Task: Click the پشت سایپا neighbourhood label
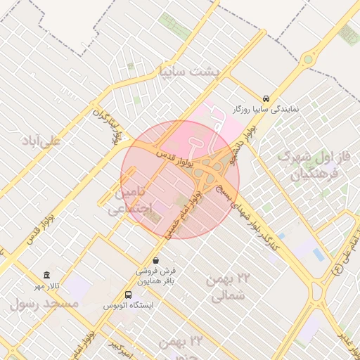tap(190, 71)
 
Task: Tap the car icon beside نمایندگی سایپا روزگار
tap(266, 99)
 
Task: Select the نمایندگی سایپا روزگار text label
tap(266, 110)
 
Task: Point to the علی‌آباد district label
tap(42, 140)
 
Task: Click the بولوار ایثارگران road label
tap(108, 124)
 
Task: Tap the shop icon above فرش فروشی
tap(155, 260)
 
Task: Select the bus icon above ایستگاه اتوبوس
tap(128, 295)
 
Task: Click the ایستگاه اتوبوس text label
tap(128, 306)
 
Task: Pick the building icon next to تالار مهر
tap(46, 275)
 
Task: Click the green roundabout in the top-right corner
tap(308, 59)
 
